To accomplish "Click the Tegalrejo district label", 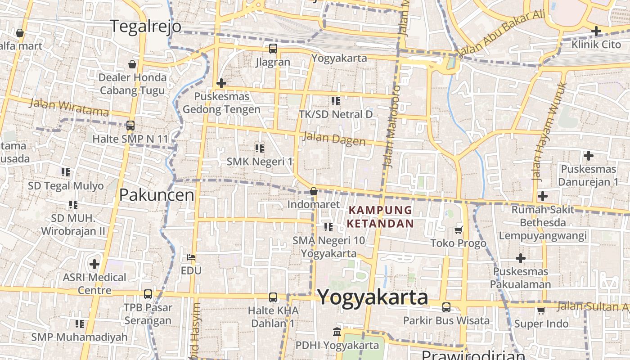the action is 146,27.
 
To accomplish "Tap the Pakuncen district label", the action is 157,195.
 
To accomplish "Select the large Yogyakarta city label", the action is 373,297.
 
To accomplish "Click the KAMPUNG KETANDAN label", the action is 381,216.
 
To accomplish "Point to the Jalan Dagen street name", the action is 334,139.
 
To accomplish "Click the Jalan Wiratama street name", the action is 69,107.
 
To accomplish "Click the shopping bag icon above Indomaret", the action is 314,192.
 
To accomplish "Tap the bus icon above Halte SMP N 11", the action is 130,126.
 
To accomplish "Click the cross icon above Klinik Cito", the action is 596,31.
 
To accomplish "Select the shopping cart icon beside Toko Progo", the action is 458,230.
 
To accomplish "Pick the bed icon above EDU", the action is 191,257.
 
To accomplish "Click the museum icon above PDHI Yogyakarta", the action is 337,332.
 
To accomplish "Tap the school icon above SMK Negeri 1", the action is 259,148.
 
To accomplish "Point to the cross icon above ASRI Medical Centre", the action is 94,264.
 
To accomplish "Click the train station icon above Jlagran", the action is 273,49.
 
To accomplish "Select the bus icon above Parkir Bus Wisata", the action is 446,307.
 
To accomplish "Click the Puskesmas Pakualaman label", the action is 520,278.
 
